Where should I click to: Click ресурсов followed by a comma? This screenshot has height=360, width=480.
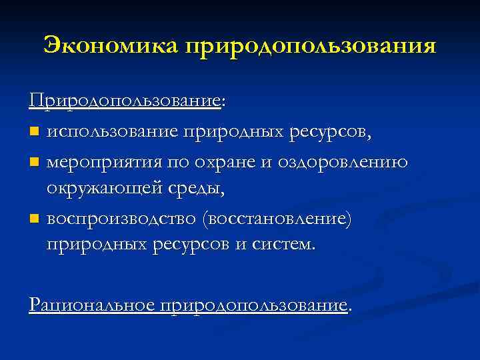[331, 131]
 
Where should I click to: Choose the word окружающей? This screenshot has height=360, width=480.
[103, 189]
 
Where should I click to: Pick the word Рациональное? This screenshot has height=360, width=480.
[91, 305]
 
